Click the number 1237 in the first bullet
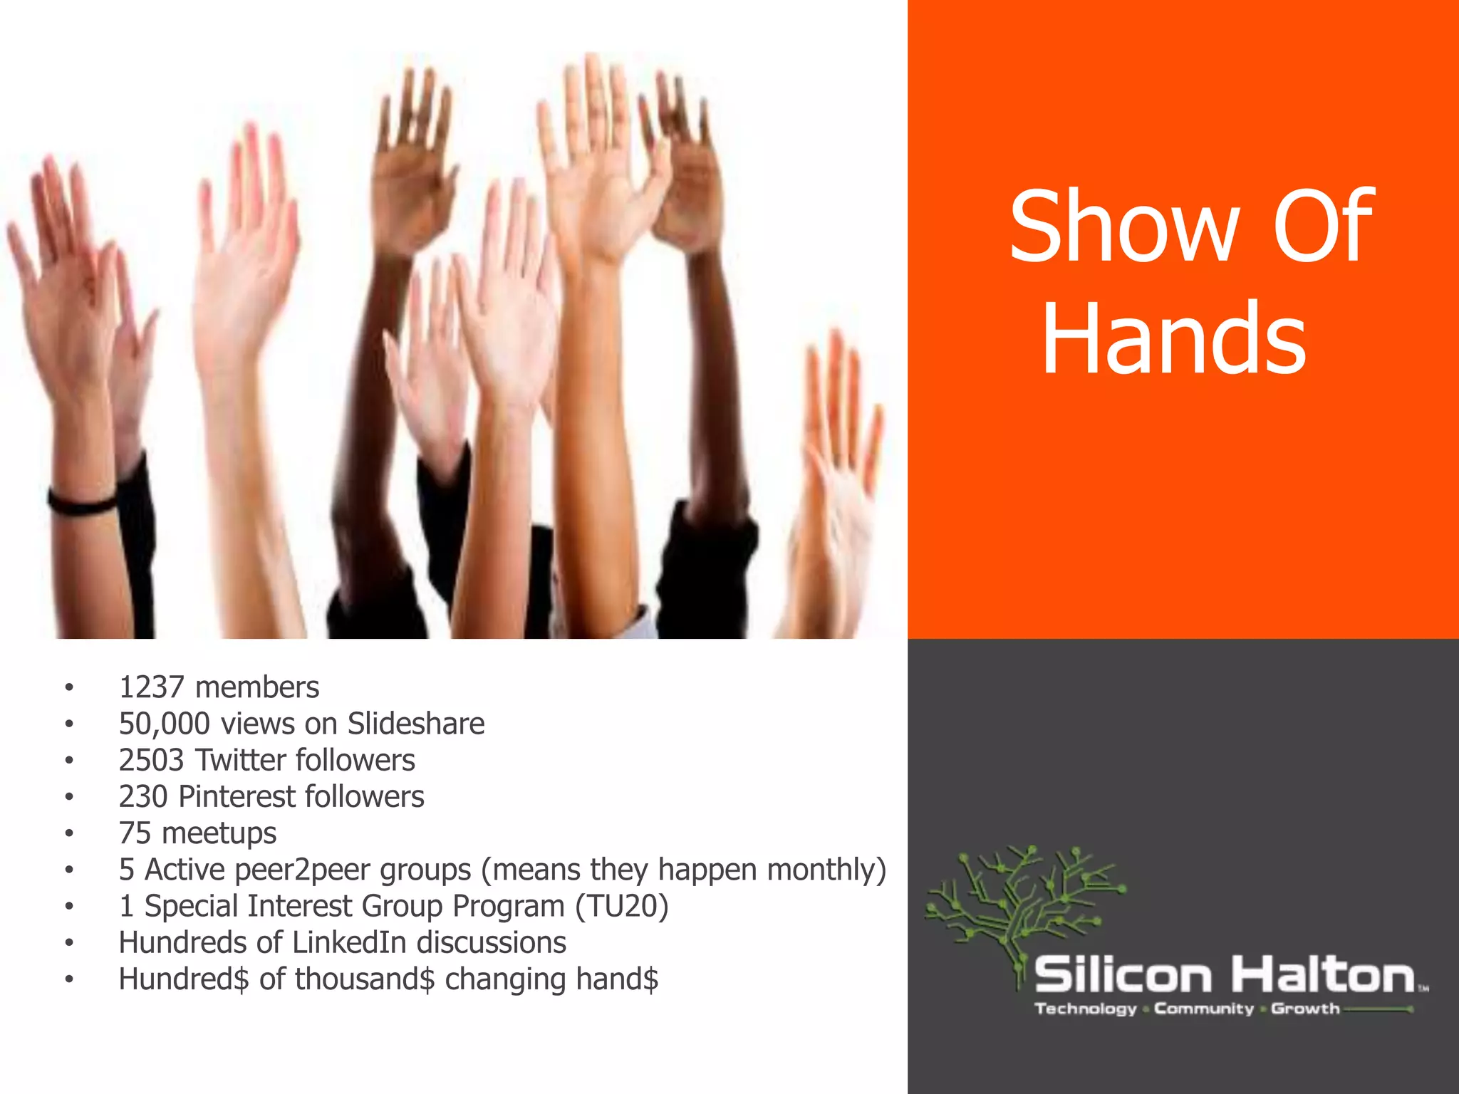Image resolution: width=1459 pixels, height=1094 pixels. point(152,687)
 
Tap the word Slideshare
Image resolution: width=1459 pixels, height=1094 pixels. point(416,724)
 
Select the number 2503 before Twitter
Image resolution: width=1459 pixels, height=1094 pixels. point(152,760)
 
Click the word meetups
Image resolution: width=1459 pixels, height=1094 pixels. point(219,833)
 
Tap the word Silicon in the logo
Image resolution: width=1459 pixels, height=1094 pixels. point(1123,975)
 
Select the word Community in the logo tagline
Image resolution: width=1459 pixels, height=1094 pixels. point(1204,1009)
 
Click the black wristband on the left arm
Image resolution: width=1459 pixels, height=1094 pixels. point(81,501)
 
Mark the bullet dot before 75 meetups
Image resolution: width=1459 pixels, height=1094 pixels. point(69,833)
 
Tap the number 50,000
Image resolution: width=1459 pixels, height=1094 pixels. point(165,724)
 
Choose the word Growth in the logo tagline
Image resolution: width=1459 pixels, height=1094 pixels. point(1305,1009)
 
